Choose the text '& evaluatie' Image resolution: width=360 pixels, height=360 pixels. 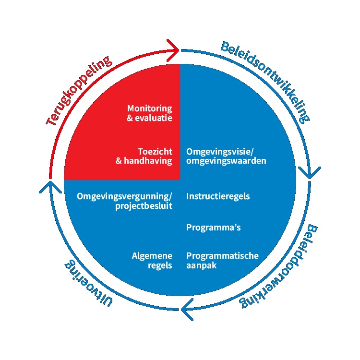coord(149,118)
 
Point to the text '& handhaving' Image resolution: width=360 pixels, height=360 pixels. coord(144,161)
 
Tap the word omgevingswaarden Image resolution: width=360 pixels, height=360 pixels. coord(226,161)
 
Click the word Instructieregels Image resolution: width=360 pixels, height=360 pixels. coord(218,196)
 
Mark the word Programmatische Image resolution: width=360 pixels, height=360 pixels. coord(222,255)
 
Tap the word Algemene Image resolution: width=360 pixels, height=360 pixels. coord(152,255)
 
